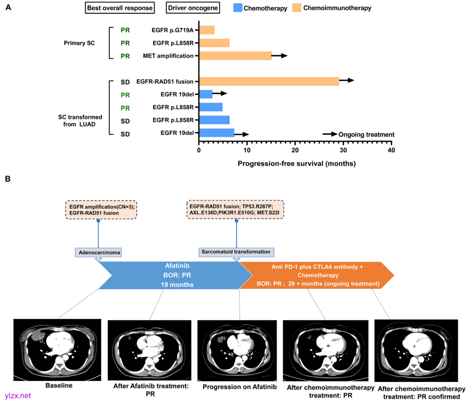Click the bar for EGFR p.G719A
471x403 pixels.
tap(207, 30)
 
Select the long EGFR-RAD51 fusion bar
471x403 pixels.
tap(269, 82)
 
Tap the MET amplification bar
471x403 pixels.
tap(235, 56)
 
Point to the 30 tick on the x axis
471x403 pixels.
tap(343, 150)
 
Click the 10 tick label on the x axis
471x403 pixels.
tap(247, 150)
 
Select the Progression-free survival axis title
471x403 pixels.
tap(296, 164)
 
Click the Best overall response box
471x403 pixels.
tap(120, 8)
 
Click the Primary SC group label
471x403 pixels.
tap(79, 43)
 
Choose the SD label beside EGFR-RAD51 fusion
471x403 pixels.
tap(125, 82)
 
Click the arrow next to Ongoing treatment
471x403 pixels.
tap(329, 134)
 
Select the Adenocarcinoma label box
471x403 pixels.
tap(98, 252)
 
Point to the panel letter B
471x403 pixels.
tap(7, 179)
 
